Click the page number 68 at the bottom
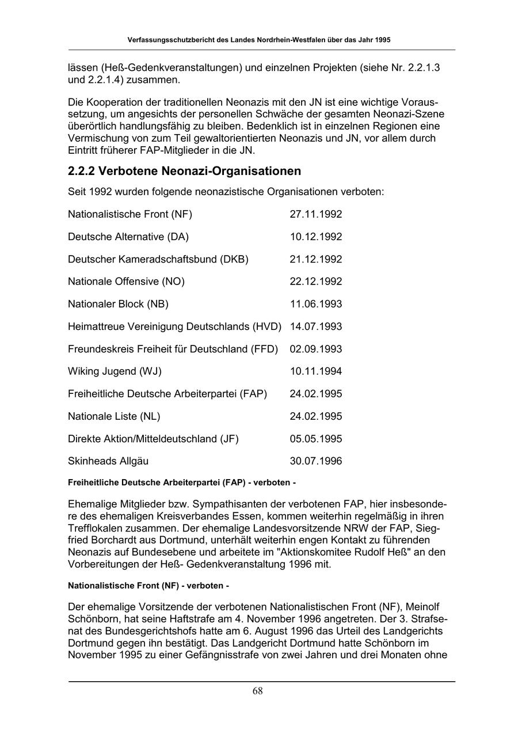(x=257, y=691)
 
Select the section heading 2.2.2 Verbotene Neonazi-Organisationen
(x=184, y=171)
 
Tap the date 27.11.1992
(x=315, y=214)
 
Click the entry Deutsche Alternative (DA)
(x=128, y=237)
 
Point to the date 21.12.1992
(x=315, y=259)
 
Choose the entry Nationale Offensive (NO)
(x=126, y=282)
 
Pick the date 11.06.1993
(x=315, y=304)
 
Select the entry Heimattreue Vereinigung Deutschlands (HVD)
(x=174, y=326)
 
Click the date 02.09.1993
(x=315, y=349)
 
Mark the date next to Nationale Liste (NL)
(x=315, y=416)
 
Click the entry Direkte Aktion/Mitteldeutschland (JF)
(x=153, y=439)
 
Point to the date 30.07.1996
(x=315, y=461)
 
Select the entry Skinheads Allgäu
(x=108, y=461)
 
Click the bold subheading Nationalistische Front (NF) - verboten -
(x=148, y=586)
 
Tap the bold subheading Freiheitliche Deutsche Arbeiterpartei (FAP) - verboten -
(x=182, y=482)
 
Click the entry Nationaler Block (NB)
(x=118, y=304)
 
